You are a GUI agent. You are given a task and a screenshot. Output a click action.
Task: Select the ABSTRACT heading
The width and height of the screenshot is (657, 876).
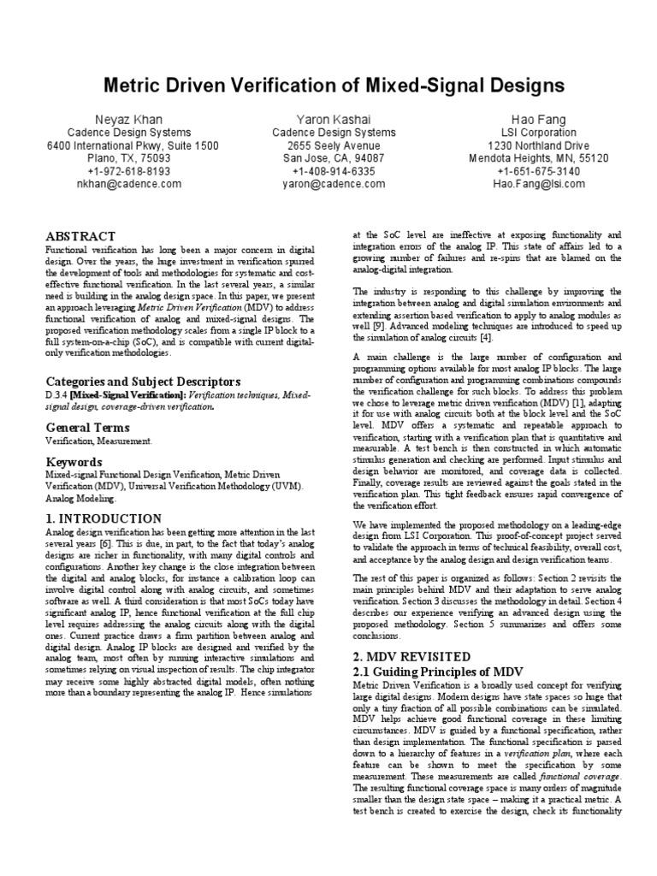pyautogui.click(x=80, y=236)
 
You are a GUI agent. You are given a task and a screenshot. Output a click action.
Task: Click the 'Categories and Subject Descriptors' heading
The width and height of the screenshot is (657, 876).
pyautogui.click(x=143, y=382)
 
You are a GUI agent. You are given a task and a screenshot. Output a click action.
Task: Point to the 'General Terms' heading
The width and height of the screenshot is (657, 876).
pyautogui.click(x=87, y=426)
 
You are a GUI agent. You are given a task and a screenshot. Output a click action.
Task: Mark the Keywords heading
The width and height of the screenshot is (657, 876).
pyautogui.click(x=74, y=462)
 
